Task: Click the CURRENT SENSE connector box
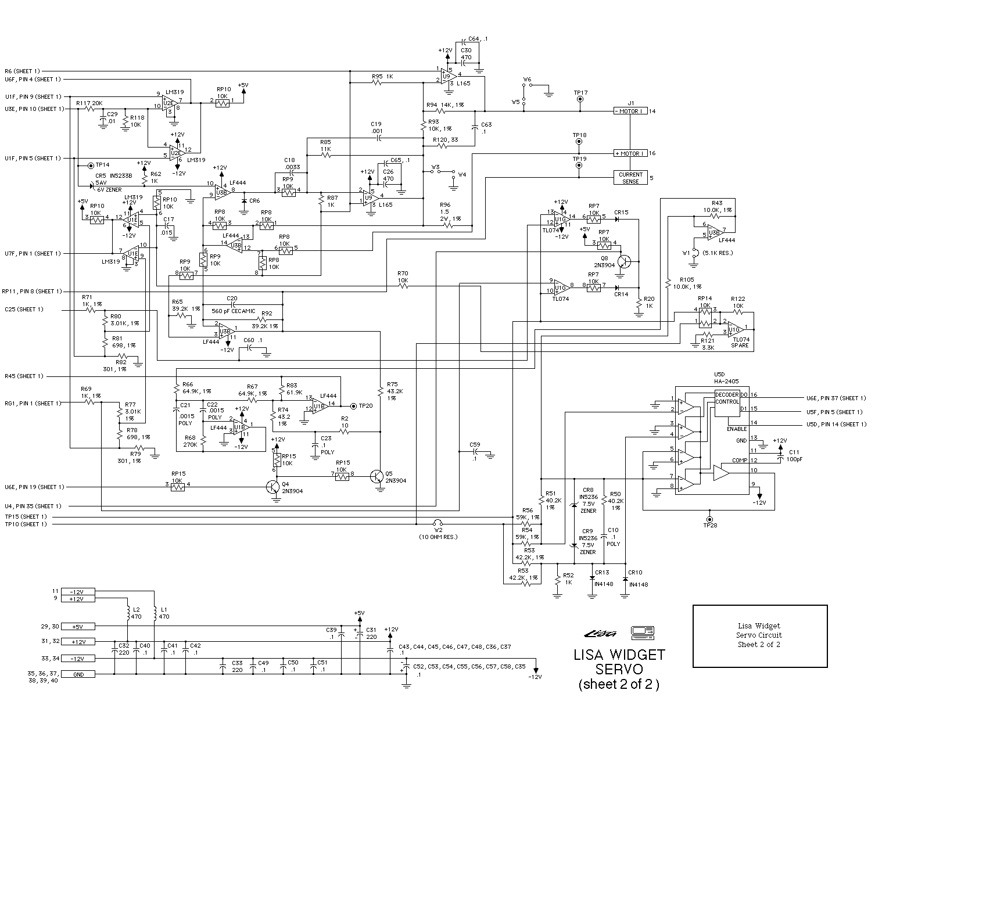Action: [x=630, y=178]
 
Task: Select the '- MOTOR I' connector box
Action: [x=630, y=111]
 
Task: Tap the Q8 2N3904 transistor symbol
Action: [x=623, y=261]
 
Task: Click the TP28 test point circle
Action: [x=709, y=519]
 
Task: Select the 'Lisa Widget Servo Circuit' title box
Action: [x=759, y=635]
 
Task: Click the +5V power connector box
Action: [x=78, y=627]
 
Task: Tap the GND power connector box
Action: [x=78, y=674]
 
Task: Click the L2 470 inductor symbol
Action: [x=128, y=612]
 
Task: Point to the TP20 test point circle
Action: [x=352, y=406]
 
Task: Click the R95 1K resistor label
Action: [x=382, y=77]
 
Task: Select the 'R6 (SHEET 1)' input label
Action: [x=23, y=71]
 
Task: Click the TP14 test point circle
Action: [x=91, y=165]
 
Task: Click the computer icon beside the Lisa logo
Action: [x=643, y=632]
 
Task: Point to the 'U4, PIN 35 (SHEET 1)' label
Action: [x=33, y=506]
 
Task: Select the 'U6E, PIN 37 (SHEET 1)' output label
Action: [x=836, y=398]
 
